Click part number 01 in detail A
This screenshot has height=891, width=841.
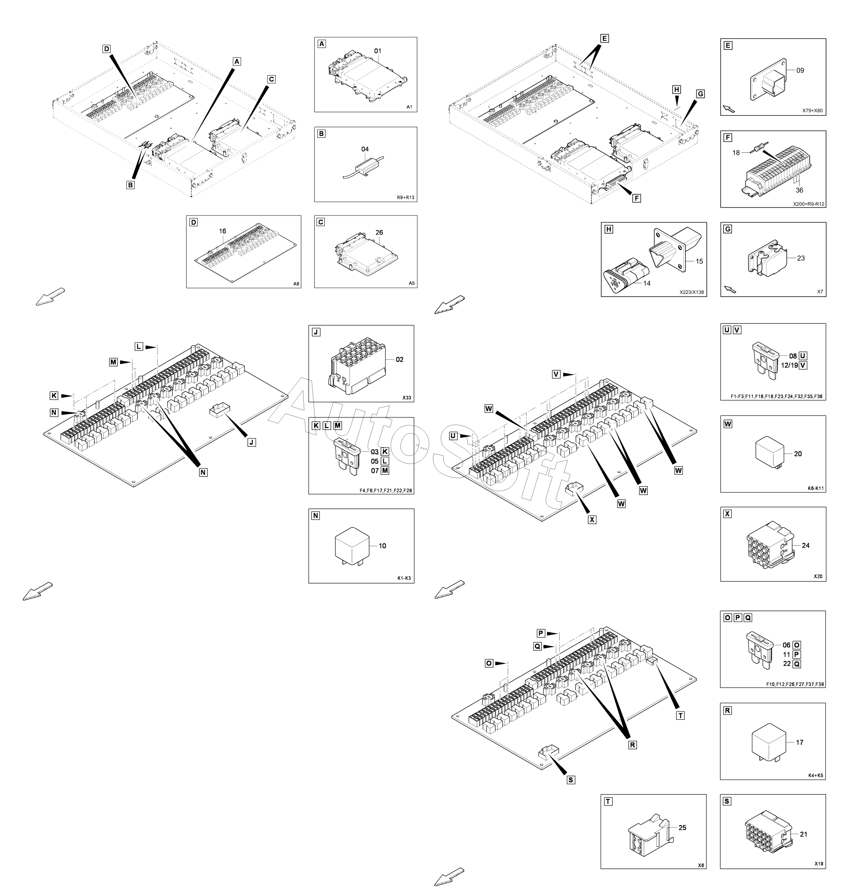tap(377, 51)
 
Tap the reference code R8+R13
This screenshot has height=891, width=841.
tap(405, 197)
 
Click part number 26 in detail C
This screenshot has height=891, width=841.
tap(379, 232)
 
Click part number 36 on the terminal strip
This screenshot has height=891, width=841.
tap(799, 190)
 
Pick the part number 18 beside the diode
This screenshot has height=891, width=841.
tap(736, 153)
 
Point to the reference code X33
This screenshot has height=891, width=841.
tap(407, 398)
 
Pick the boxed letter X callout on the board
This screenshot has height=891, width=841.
tap(592, 520)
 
